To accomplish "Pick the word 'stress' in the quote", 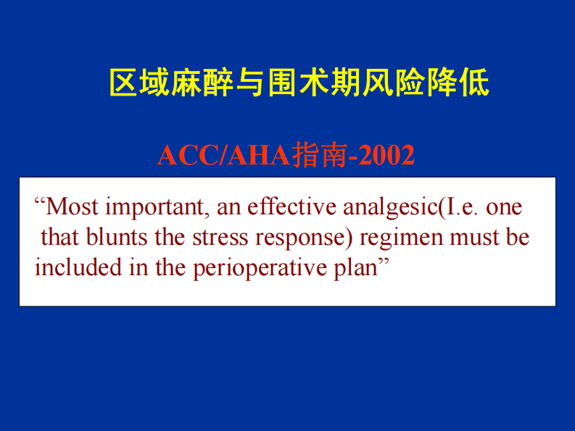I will (x=216, y=238).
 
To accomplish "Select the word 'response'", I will (x=297, y=238).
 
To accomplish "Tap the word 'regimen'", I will (x=402, y=238).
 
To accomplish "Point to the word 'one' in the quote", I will (x=504, y=208).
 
